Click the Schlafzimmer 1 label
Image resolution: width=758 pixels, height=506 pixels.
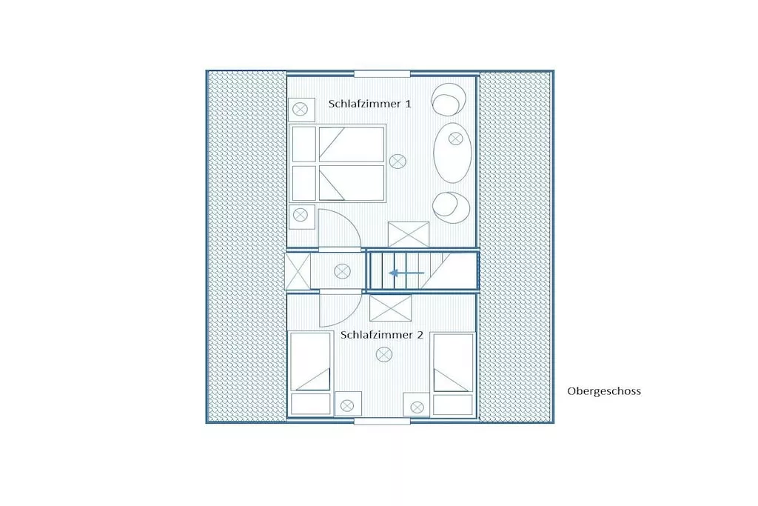370,104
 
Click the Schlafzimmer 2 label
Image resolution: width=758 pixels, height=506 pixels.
382,335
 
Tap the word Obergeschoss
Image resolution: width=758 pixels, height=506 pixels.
604,391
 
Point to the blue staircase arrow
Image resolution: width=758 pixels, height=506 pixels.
406,273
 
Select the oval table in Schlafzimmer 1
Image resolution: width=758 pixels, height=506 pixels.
452,153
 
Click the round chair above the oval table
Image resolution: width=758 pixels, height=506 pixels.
449,99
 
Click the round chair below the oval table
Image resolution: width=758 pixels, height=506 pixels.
451,207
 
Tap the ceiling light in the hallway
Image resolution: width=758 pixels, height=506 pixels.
342,271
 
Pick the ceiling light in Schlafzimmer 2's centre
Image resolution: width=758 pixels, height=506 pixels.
384,355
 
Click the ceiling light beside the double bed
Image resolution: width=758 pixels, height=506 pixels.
398,161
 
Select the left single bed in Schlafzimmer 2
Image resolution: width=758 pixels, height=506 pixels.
310,373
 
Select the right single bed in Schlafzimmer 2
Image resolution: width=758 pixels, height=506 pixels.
453,373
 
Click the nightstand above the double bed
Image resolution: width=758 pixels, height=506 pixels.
302,110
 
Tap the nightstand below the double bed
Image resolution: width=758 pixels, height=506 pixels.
302,216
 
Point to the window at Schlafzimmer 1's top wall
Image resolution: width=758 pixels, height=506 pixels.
382,74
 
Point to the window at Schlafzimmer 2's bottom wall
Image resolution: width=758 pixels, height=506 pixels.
382,422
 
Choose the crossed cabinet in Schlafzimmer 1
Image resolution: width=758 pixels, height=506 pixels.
409,235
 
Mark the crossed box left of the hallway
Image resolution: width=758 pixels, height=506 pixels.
298,272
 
